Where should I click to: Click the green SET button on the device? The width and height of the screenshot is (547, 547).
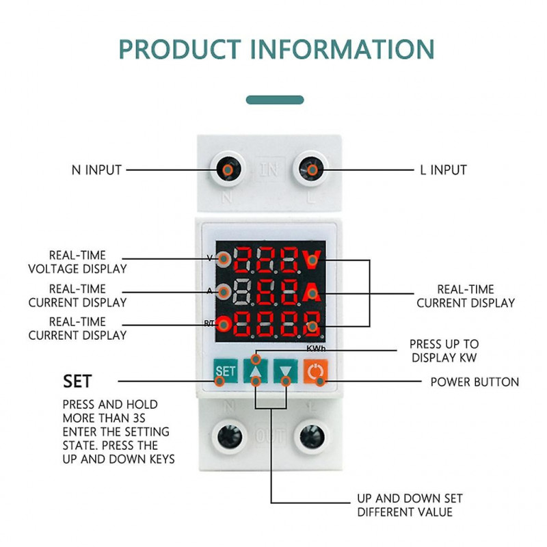point(225,372)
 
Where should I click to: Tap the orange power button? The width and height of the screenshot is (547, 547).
point(315,372)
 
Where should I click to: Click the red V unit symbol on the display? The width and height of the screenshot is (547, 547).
point(312,259)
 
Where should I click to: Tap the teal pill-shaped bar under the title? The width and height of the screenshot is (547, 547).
point(275,99)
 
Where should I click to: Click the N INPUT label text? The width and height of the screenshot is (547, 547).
point(96,170)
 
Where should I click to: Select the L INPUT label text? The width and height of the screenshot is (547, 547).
point(443,170)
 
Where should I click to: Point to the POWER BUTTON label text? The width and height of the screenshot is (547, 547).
point(475,382)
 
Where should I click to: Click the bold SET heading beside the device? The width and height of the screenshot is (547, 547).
point(77,380)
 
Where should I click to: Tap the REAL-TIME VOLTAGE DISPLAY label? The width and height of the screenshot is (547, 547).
point(77,263)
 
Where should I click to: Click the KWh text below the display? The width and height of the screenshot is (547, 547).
point(315,349)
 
